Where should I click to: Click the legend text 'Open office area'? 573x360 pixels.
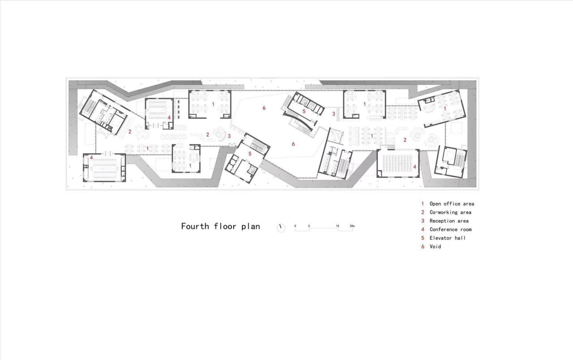tap(451, 204)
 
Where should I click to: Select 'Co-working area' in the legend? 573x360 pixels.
tap(450, 212)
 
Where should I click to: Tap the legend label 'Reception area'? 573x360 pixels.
tap(449, 221)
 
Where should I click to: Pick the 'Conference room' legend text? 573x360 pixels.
tap(450, 229)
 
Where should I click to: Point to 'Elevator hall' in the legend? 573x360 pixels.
tap(447, 238)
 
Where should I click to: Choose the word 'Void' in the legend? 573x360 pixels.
tap(435, 246)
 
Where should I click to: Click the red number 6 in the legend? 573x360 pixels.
tap(422, 246)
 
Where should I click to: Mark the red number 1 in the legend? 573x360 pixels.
tap(422, 204)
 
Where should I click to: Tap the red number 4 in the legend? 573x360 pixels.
tap(422, 229)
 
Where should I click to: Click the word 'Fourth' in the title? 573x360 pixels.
tap(195, 226)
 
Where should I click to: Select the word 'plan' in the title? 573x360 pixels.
tap(251, 227)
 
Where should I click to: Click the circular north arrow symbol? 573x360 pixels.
tap(281, 227)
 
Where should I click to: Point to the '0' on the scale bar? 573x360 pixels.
tap(295, 226)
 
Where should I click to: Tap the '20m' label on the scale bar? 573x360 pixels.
tap(352, 226)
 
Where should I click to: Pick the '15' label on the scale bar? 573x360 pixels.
tap(338, 226)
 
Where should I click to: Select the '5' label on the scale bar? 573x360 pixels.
tap(309, 226)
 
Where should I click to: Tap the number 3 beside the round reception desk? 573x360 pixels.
tap(229, 136)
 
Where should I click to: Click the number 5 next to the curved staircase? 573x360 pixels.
tap(304, 111)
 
